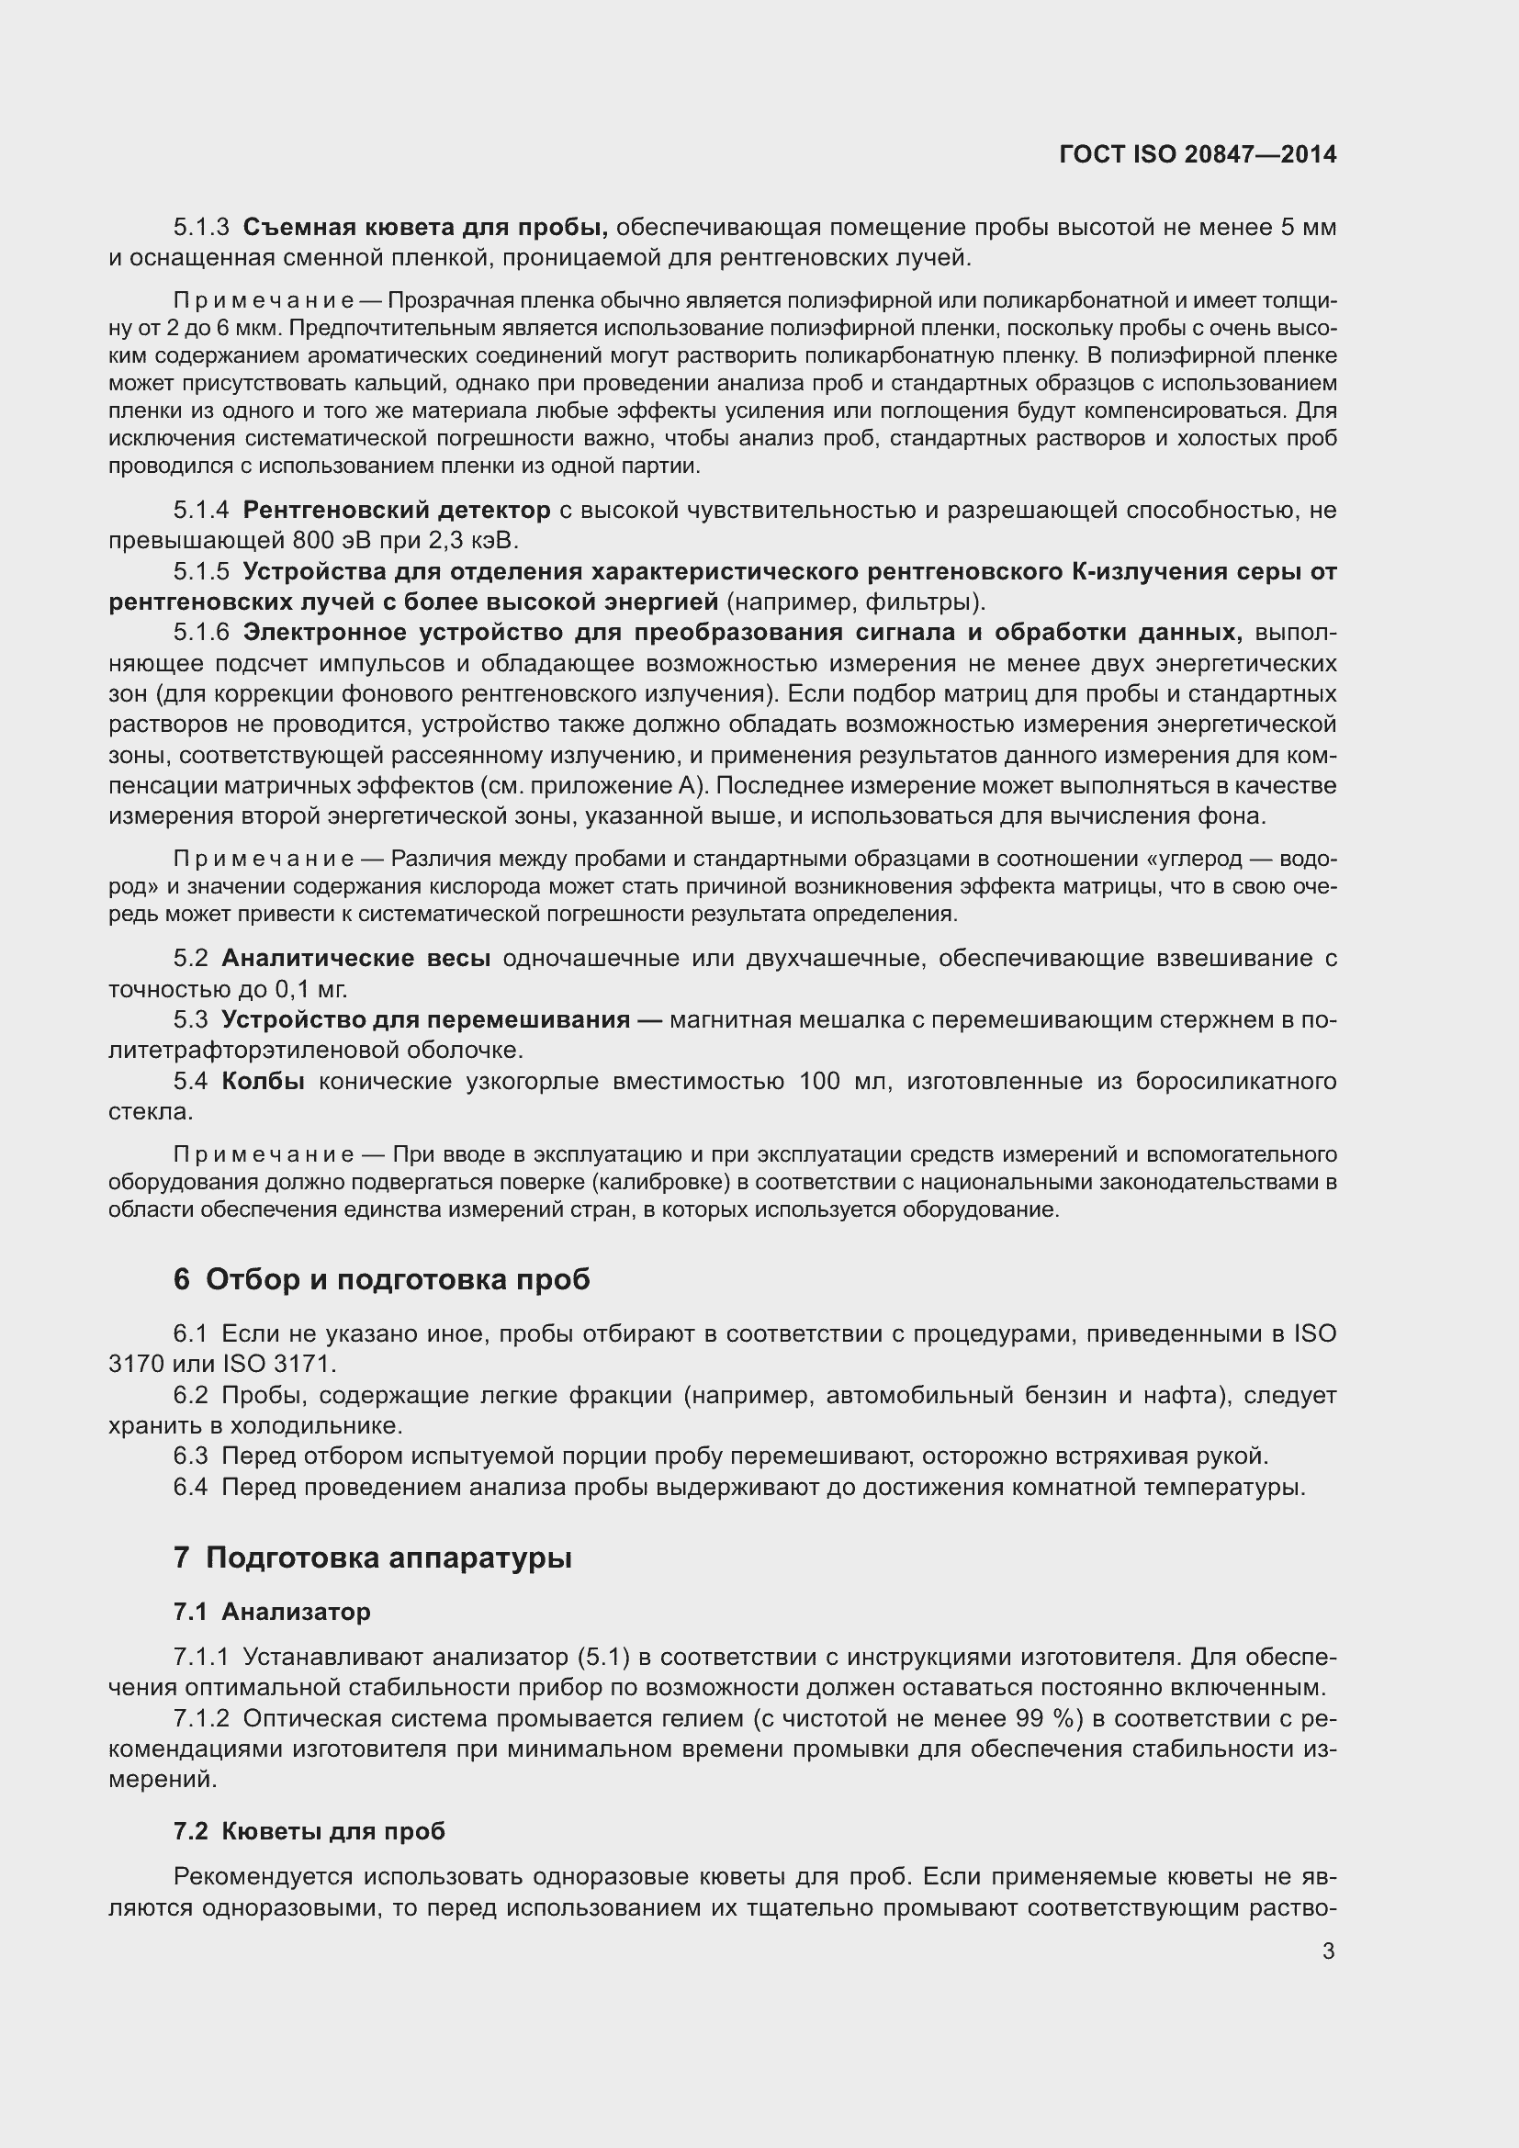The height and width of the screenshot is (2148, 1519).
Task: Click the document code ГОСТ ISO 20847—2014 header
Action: click(x=1198, y=154)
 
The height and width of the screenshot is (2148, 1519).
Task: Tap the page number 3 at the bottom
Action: click(x=1328, y=1951)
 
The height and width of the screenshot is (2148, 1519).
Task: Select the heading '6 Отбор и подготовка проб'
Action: click(x=382, y=1280)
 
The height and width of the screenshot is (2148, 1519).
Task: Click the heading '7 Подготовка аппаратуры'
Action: click(x=372, y=1558)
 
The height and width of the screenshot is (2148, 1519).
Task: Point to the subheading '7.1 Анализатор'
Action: click(x=271, y=1612)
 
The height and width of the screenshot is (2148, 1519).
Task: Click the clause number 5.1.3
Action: click(x=201, y=228)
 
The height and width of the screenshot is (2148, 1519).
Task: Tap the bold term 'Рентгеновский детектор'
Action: click(x=397, y=510)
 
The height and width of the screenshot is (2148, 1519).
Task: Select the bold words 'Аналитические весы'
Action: click(x=355, y=958)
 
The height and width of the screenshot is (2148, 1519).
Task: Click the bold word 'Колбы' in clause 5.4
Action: click(x=263, y=1082)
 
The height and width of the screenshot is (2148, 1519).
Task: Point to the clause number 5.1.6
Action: click(x=201, y=634)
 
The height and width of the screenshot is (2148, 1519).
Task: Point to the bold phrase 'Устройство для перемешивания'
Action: click(x=425, y=1019)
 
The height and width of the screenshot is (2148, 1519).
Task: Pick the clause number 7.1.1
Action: click(x=201, y=1657)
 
